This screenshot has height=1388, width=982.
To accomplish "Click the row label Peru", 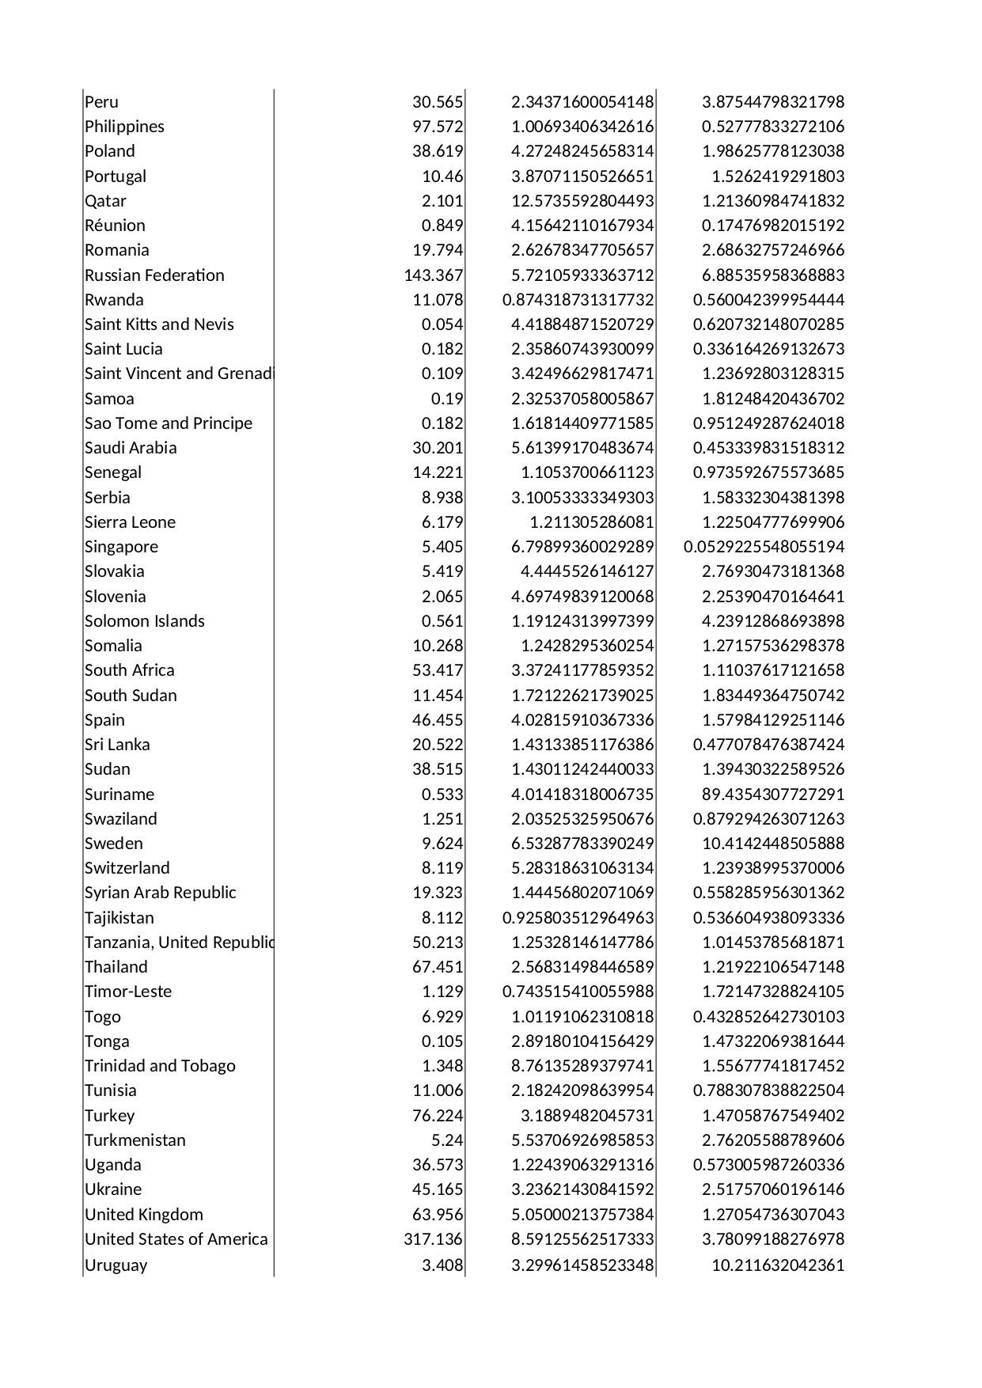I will pos(101,102).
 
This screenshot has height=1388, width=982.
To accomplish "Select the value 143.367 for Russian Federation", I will pos(434,275).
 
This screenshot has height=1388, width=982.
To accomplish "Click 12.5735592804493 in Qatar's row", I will pos(582,201).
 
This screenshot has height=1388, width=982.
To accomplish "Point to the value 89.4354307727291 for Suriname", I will pos(773,794).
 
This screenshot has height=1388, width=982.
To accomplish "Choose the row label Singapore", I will pos(121,547).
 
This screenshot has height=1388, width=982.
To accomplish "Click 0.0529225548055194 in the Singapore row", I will pos(764,547).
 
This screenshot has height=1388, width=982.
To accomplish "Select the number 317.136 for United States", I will pos(434,1239).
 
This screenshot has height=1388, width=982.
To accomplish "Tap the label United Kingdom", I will pos(143,1215).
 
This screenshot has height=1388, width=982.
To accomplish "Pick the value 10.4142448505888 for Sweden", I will pos(773,844).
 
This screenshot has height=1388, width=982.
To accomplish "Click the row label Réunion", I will pos(115,226).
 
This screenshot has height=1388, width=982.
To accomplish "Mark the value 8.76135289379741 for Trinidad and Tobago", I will pos(582,1066).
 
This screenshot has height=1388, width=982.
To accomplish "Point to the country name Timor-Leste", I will pos(128,992).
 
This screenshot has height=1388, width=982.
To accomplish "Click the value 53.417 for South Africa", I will pos(438,670).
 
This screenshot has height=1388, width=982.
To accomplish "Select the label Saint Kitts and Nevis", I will pos(159,324).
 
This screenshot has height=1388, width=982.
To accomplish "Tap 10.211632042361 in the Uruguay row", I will pos(778,1265).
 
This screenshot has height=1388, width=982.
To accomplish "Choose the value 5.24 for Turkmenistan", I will pos(447,1140).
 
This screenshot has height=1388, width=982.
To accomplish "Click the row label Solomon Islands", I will pos(144,621).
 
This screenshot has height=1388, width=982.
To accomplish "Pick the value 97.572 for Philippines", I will pos(438,127).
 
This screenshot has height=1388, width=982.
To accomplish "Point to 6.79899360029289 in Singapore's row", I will pos(582,547).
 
